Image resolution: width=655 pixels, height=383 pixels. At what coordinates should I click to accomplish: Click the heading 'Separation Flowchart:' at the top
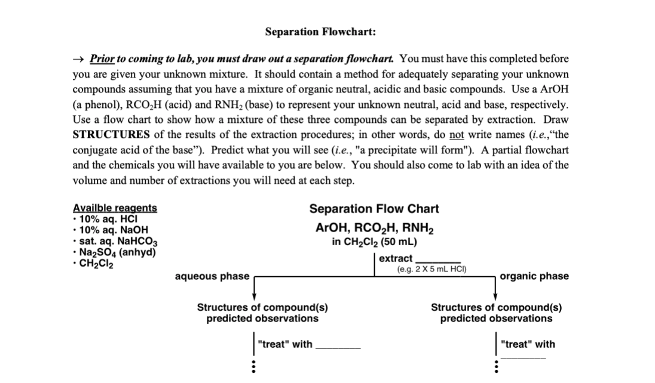(320, 32)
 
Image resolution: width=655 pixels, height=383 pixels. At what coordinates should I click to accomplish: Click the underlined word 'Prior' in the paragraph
(102, 58)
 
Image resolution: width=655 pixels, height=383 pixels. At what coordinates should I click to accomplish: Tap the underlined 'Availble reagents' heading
(115, 208)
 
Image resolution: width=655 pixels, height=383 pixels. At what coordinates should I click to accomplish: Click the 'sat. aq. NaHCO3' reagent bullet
(117, 242)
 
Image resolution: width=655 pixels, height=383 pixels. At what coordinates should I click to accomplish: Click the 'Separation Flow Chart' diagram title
(374, 209)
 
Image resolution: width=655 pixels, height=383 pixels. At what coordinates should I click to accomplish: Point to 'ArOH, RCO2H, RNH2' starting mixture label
(374, 228)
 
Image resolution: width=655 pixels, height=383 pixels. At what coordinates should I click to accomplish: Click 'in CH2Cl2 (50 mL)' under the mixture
(374, 242)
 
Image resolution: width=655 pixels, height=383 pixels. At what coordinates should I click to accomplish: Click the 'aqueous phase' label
(212, 276)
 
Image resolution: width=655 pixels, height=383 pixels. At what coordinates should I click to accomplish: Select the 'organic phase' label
(534, 276)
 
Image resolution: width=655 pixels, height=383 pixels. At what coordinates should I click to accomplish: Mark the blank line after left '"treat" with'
(338, 348)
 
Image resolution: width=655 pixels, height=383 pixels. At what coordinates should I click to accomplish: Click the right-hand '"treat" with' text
(528, 344)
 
